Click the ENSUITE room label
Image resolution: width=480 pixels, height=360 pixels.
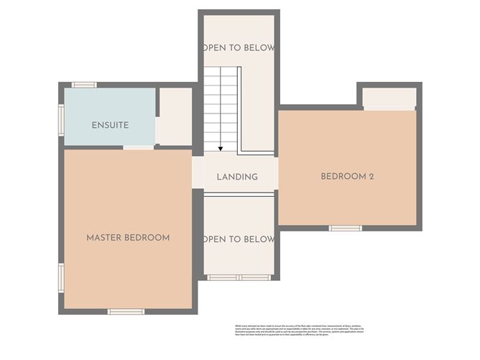pyautogui.click(x=110, y=125)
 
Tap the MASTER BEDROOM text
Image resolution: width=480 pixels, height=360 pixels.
pyautogui.click(x=128, y=238)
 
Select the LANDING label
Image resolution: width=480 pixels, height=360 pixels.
pyautogui.click(x=237, y=177)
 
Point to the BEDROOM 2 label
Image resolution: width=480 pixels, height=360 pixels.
pyautogui.click(x=347, y=176)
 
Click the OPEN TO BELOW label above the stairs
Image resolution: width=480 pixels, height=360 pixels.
pyautogui.click(x=239, y=47)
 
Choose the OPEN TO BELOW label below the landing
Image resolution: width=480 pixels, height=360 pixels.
pyautogui.click(x=239, y=239)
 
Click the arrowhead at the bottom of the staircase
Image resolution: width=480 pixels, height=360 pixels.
pyautogui.click(x=220, y=148)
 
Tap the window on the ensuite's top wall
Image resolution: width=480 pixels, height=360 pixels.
pyautogui.click(x=84, y=85)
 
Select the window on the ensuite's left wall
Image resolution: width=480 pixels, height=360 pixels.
pyautogui.click(x=62, y=120)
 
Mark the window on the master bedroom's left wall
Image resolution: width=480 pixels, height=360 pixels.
pyautogui.click(x=62, y=277)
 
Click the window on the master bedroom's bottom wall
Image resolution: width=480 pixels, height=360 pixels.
pyautogui.click(x=126, y=311)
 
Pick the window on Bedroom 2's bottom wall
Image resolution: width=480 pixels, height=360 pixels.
pyautogui.click(x=346, y=229)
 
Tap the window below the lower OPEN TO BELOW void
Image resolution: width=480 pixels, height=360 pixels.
pyautogui.click(x=239, y=277)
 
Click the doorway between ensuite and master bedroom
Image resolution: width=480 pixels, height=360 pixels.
pyautogui.click(x=138, y=147)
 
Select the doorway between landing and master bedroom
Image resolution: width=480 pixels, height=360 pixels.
pyautogui.click(x=198, y=173)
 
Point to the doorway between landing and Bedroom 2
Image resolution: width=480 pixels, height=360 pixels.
pyautogui.click(x=276, y=173)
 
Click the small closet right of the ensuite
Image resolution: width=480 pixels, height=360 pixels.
pyautogui.click(x=175, y=116)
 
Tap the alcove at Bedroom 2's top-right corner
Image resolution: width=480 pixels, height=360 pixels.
pyautogui.click(x=389, y=98)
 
